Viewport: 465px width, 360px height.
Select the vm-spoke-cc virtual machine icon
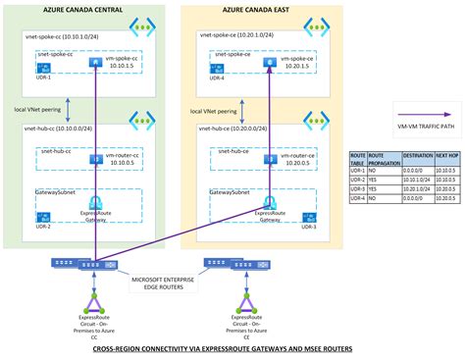point(95,61)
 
